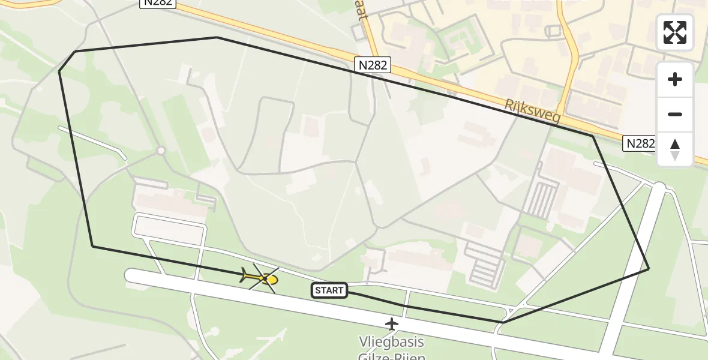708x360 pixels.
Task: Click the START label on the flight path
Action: [329, 291]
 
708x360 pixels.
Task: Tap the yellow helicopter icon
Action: [262, 278]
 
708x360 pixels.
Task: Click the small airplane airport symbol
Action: [392, 324]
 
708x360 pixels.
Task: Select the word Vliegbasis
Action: [391, 343]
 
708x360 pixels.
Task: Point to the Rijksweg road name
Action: [532, 112]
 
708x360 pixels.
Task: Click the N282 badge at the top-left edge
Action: [158, 2]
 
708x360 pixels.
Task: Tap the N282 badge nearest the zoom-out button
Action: [640, 143]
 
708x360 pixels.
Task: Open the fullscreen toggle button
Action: [675, 32]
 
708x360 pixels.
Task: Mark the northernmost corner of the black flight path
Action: [217, 37]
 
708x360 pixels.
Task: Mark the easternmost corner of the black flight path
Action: [649, 269]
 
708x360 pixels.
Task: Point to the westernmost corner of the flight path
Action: [59, 72]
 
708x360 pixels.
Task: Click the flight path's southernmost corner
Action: [502, 323]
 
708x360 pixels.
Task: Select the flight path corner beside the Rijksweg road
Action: [593, 136]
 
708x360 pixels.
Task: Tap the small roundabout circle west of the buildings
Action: [161, 151]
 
